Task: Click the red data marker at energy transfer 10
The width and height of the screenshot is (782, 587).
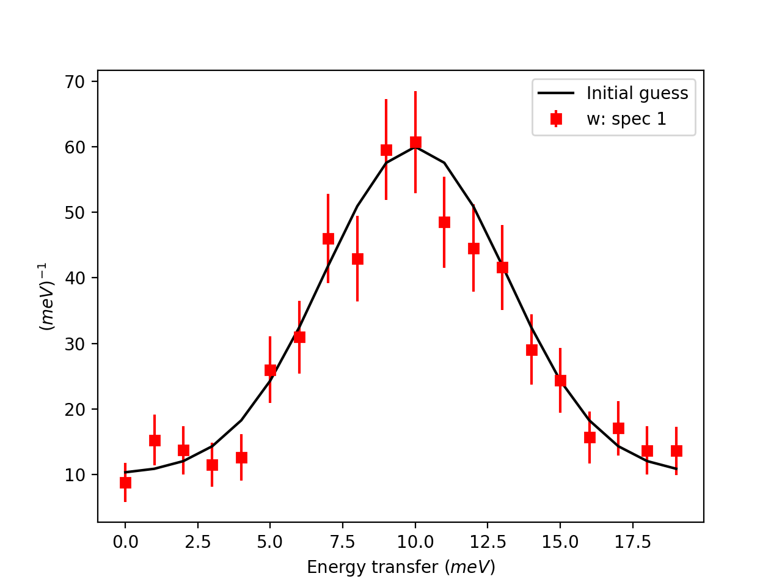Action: point(415,142)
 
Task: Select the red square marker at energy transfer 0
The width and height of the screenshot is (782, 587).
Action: point(125,482)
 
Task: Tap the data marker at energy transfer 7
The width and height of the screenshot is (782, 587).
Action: point(328,238)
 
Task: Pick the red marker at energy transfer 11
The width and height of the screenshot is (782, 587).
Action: point(444,222)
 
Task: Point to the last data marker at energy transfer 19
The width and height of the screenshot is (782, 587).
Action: point(676,451)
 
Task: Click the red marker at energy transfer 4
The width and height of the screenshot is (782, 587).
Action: point(241,457)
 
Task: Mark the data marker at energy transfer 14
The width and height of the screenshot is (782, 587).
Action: point(532,350)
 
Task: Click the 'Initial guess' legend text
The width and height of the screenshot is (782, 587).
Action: point(637,93)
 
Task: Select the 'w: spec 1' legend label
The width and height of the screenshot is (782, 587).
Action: point(626,119)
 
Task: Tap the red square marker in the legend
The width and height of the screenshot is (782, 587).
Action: point(556,119)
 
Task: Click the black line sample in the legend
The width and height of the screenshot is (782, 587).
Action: point(556,93)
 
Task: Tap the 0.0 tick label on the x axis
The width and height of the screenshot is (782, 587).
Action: point(125,542)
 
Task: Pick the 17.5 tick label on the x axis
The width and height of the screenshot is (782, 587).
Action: point(633,542)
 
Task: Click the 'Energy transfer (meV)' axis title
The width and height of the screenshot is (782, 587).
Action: point(401,567)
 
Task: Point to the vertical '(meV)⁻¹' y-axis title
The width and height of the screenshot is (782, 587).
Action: point(47,297)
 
